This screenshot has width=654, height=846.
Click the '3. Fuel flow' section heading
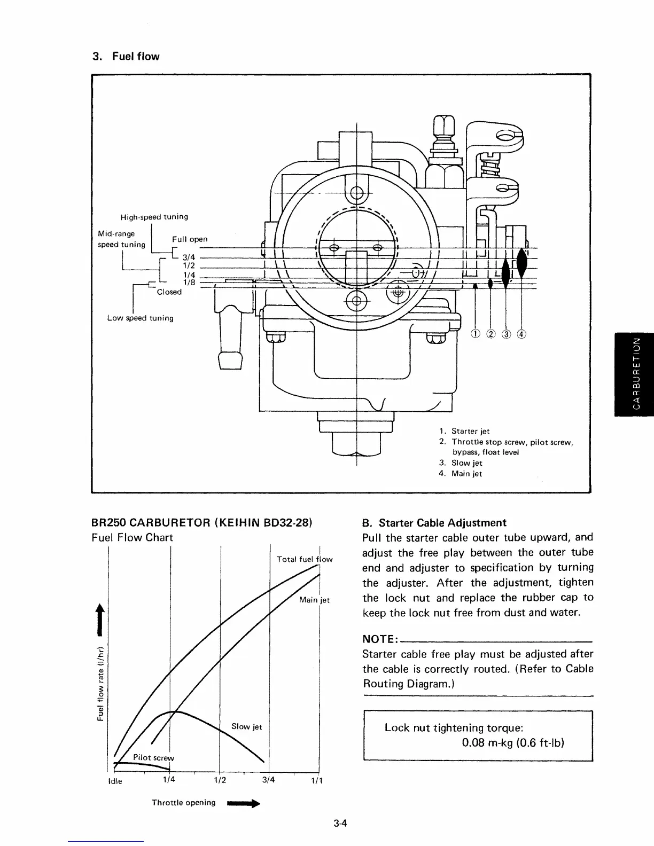[x=126, y=57]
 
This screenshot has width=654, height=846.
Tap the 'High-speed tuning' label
[x=154, y=217]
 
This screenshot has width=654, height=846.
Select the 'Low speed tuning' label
[x=140, y=318]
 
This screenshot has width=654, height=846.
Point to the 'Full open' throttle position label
[x=189, y=239]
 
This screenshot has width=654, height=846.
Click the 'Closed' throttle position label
[x=169, y=292]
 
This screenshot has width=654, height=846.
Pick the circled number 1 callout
[x=475, y=335]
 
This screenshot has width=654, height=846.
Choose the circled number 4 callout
[x=522, y=335]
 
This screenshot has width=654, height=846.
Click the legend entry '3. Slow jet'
[x=461, y=463]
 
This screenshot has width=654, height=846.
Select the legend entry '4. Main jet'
[x=461, y=474]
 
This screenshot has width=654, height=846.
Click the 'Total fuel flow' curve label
[x=304, y=559]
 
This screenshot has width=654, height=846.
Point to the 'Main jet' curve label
[x=314, y=600]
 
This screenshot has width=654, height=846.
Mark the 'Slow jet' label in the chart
[x=246, y=726]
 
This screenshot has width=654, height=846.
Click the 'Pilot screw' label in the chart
[x=153, y=757]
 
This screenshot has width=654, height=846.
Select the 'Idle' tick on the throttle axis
[x=115, y=781]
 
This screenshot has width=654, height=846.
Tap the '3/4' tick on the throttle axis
[x=269, y=779]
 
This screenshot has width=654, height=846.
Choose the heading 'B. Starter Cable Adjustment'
[x=434, y=523]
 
